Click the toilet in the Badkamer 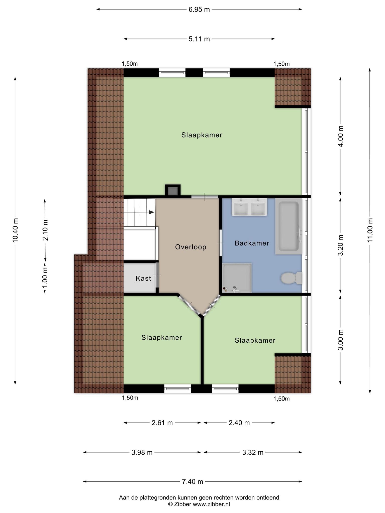[x=291, y=278]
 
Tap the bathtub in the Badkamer [x=288, y=226]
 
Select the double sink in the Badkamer [x=249, y=207]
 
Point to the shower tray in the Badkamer [x=237, y=278]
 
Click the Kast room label [x=143, y=278]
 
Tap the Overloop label [x=191, y=247]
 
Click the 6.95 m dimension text [x=199, y=10]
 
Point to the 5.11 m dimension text [x=199, y=39]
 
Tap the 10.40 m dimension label [x=15, y=230]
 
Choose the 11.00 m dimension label [x=370, y=230]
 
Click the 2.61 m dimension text [x=162, y=423]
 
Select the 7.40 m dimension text [x=192, y=481]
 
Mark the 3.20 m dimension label [x=340, y=245]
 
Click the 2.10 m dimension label [x=45, y=230]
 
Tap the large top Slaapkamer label [x=202, y=135]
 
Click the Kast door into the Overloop [x=157, y=275]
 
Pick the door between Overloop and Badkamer [x=221, y=243]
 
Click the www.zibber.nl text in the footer [x=211, y=504]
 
